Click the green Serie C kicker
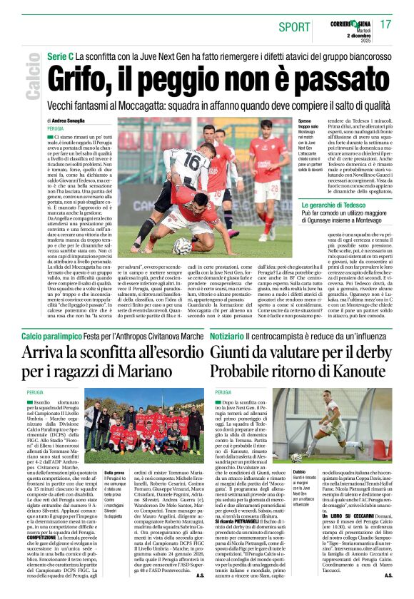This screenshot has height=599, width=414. click(x=60, y=56)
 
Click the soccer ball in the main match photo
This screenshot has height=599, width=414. click(x=183, y=245)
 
